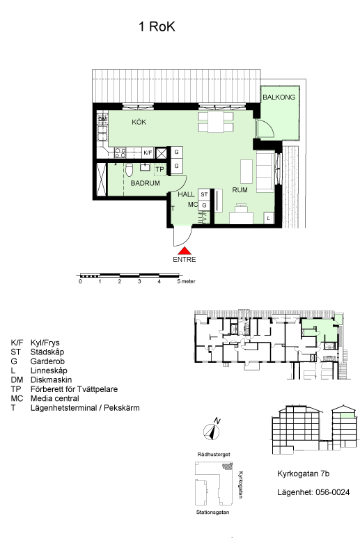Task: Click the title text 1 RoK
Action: (157, 26)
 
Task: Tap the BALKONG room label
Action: (279, 97)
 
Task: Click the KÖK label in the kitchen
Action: (139, 122)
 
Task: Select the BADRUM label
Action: (145, 183)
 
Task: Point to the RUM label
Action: (240, 190)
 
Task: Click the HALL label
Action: (186, 194)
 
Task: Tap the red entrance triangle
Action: (185, 251)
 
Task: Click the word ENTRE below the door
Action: (185, 260)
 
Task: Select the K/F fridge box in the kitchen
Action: (148, 152)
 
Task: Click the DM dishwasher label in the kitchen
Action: (102, 119)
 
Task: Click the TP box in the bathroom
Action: (160, 169)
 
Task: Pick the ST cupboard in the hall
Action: (204, 194)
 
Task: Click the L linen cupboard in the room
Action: (269, 218)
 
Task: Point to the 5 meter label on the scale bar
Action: (187, 281)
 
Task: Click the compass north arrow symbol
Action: (212, 431)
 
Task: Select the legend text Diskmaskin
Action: (51, 380)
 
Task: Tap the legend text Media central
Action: (55, 398)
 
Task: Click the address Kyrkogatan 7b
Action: (304, 473)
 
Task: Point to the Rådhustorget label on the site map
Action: (214, 455)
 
